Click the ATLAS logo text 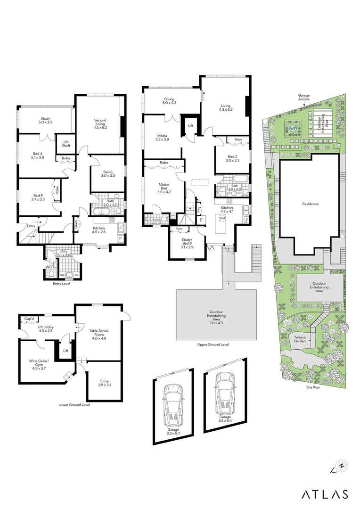325,494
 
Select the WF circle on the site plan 293,128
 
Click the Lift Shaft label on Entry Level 63,143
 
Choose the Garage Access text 303,97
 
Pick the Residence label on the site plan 310,204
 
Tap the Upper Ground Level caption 213,345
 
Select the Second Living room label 100,123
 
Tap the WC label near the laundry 49,267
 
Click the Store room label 104,383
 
